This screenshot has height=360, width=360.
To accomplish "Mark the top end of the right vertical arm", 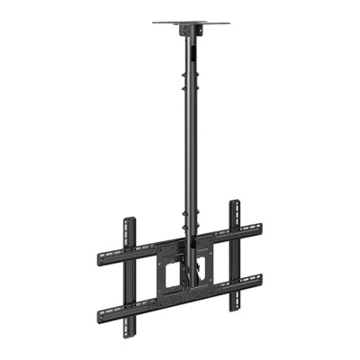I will click(x=234, y=203).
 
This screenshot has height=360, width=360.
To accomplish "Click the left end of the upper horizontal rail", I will click(x=97, y=255).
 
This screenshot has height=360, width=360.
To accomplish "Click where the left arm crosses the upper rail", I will click(x=129, y=249).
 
